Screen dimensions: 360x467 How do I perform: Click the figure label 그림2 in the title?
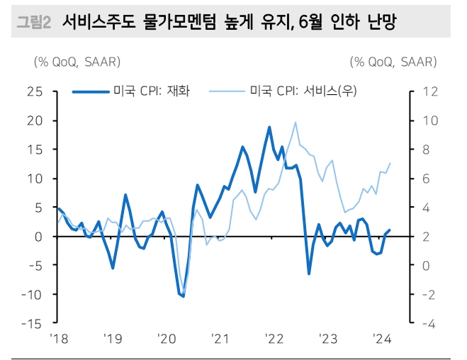[x=33, y=23]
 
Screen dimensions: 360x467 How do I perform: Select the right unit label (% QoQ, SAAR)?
[x=393, y=62]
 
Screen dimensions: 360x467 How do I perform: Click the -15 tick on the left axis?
[x=32, y=323]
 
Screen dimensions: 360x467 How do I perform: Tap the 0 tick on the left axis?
[x=39, y=237]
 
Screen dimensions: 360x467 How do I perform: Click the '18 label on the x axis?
[x=57, y=337]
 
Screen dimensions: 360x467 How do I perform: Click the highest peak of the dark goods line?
[x=269, y=127]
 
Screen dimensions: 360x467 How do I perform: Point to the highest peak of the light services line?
[x=295, y=123]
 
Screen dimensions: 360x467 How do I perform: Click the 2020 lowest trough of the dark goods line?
[x=183, y=296]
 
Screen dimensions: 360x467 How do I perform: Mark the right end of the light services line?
[x=390, y=163]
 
